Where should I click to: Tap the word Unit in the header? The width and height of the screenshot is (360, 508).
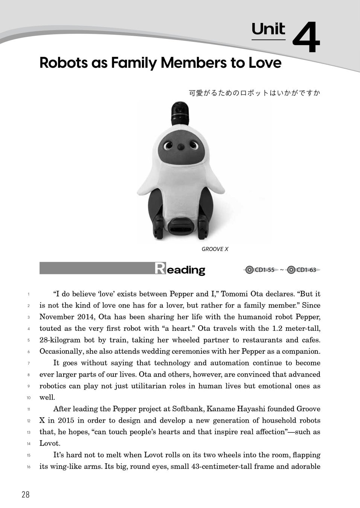point(268,29)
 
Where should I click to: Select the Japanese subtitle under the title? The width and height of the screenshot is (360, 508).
point(254,93)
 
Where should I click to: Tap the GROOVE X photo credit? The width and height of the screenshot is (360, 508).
point(215,249)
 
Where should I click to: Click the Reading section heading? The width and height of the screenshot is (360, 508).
point(180,269)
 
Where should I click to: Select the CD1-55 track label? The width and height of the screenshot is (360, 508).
point(264,270)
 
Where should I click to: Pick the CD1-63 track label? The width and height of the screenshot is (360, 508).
point(306,270)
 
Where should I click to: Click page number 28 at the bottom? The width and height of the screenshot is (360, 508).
point(25,494)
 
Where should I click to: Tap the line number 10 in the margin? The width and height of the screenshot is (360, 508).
point(28,398)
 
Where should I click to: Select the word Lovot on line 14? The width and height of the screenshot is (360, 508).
point(50,443)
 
